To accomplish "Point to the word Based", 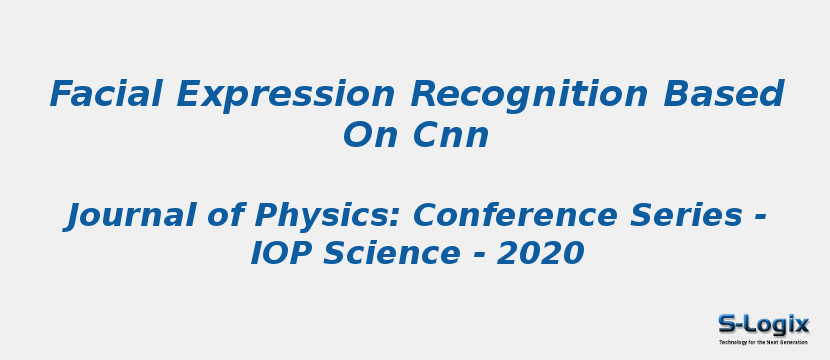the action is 723,94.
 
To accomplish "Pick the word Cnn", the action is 450,136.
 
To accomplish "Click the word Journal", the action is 130,216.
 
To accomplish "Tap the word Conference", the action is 514,215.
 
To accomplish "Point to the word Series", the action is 688,215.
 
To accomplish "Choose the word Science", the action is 391,253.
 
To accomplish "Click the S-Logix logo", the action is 763,325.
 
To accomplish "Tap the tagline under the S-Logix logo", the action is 763,342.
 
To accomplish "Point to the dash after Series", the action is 759,218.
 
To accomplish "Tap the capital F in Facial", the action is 64,94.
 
